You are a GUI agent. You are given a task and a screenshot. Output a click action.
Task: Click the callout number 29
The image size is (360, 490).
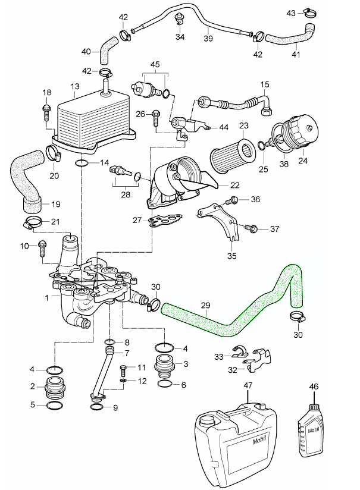pos(205,306)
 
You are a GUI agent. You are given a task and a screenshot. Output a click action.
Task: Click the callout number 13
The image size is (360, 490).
pos(74,86)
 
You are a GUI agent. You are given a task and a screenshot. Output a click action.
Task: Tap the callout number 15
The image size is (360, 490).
pos(265,85)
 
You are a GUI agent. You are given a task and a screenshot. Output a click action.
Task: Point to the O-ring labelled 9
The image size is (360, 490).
pos(96,407)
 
